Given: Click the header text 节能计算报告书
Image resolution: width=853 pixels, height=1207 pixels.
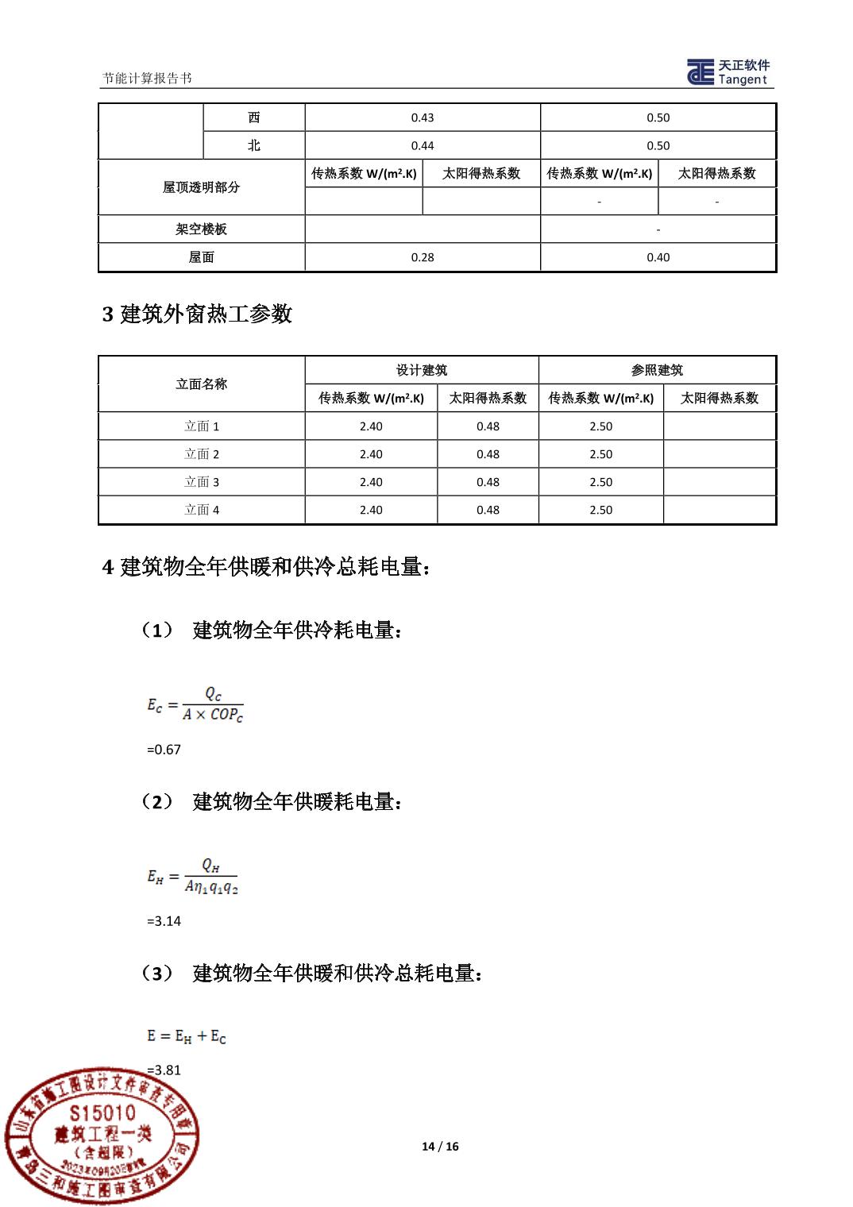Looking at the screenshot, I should pyautogui.click(x=147, y=78).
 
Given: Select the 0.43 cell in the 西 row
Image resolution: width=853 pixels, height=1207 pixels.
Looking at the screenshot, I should pyautogui.click(x=423, y=118).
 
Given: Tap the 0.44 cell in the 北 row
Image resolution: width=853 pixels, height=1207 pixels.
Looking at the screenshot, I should pyautogui.click(x=423, y=145).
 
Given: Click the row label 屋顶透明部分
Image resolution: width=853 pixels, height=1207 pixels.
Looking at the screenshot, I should pyautogui.click(x=201, y=187).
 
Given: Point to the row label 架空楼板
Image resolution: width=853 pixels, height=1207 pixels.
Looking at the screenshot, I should pyautogui.click(x=201, y=229).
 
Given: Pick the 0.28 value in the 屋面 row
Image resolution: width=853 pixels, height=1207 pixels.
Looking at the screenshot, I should pyautogui.click(x=423, y=257).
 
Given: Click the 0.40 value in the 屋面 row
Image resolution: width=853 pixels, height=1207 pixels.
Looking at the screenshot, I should pyautogui.click(x=658, y=257).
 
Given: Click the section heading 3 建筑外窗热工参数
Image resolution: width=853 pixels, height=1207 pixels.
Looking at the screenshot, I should pyautogui.click(x=197, y=314).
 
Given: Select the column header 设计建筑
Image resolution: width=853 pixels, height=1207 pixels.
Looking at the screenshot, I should pyautogui.click(x=422, y=370).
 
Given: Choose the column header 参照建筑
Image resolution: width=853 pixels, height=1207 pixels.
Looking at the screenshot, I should pyautogui.click(x=657, y=370).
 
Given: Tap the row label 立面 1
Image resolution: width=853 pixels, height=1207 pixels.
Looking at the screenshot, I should pyautogui.click(x=202, y=426).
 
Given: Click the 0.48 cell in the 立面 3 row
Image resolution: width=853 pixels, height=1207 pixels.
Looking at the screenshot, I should pyautogui.click(x=488, y=482).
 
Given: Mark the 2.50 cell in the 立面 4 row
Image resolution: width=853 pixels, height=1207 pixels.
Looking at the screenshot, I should pyautogui.click(x=600, y=510).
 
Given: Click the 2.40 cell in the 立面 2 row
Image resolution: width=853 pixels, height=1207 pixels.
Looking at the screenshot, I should pyautogui.click(x=371, y=454).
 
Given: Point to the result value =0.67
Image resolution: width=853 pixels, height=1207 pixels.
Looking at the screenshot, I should pyautogui.click(x=164, y=750).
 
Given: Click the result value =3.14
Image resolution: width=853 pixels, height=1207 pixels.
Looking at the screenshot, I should pyautogui.click(x=164, y=921).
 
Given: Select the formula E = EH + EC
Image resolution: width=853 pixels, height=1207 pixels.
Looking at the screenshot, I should pyautogui.click(x=187, y=1036).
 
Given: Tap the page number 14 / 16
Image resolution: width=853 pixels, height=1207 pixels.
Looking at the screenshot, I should pyautogui.click(x=440, y=1146).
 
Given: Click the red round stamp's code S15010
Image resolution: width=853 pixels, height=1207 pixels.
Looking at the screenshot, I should pyautogui.click(x=102, y=1113).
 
